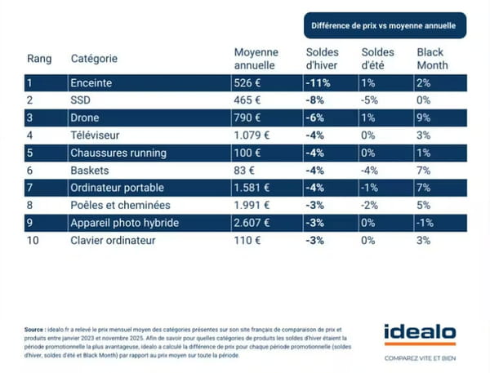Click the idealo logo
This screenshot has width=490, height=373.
[420, 334]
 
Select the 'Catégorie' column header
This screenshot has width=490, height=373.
[94, 59]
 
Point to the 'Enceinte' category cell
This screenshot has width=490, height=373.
[94, 82]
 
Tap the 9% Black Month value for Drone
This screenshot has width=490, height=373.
[422, 118]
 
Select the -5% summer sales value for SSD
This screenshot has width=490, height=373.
[369, 100]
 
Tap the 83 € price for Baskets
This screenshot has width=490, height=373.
[246, 169]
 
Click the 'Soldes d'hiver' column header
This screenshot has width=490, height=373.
[321, 59]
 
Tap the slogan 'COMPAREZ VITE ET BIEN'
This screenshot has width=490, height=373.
[420, 357]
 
